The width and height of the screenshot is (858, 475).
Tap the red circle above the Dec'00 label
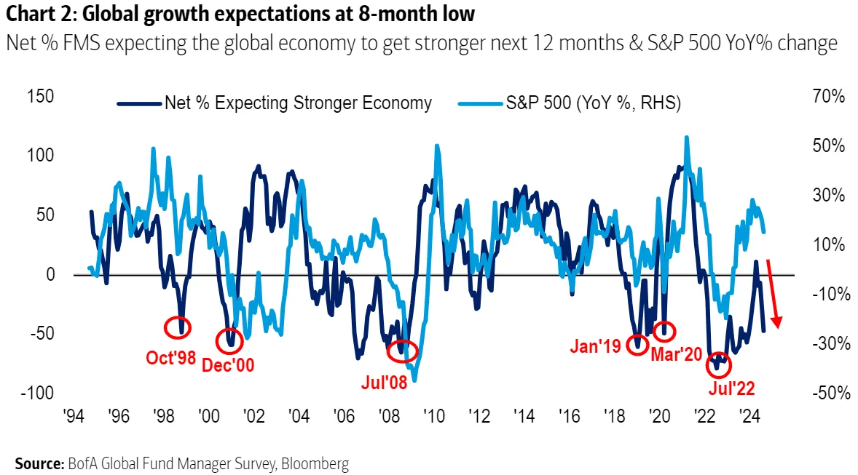point(230,340)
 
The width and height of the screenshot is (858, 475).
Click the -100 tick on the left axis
point(36,393)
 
